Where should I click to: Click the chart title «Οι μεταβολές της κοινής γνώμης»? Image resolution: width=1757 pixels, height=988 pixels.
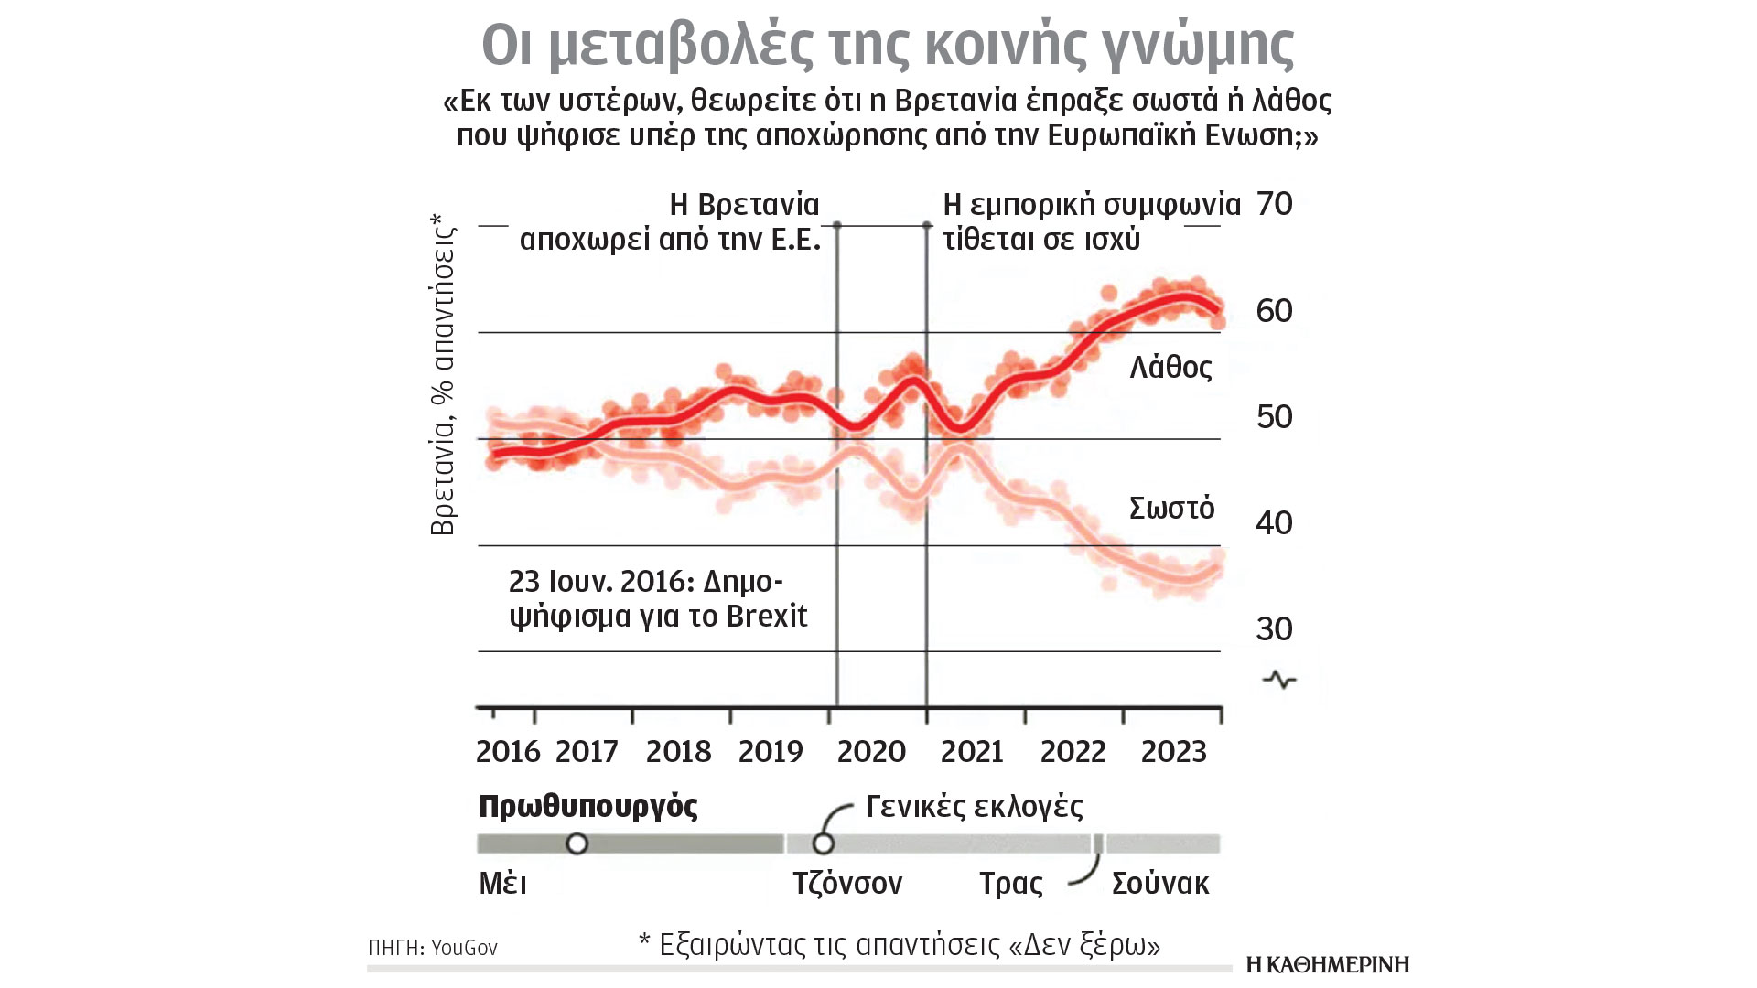pos(887,44)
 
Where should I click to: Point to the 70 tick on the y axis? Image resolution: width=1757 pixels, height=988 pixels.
pos(1275,204)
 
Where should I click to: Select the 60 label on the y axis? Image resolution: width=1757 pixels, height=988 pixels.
pos(1275,311)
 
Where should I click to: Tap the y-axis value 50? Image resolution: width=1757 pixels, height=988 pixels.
pos(1275,417)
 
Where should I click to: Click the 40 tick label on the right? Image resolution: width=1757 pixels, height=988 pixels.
pos(1275,523)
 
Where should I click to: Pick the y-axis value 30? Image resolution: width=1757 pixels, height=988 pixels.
pos(1275,629)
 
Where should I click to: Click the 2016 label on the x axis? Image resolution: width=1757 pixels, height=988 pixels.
pos(508,752)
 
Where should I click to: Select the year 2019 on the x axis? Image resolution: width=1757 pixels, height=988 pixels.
pos(771,752)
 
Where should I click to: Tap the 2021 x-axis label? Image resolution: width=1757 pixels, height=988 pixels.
pos(972,752)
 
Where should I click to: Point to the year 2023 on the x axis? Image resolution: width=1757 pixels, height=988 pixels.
pos(1174,752)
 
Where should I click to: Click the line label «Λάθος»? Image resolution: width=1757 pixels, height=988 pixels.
pos(1170,368)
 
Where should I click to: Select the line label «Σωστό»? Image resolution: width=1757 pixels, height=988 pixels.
pos(1171,508)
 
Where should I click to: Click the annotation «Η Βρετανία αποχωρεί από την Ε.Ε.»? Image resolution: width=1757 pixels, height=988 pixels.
pos(670,221)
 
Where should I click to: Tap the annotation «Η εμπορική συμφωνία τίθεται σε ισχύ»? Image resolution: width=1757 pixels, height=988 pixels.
pos(1091,221)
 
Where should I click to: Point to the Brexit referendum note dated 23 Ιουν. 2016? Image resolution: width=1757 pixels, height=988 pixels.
pos(658,598)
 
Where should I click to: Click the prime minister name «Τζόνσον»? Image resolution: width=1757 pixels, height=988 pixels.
pos(847,884)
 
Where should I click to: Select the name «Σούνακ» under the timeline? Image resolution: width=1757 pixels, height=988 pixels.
pos(1160,884)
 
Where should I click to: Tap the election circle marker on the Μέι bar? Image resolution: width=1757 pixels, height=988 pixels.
pos(577,843)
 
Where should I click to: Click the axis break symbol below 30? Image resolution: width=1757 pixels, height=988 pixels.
pos(1279,680)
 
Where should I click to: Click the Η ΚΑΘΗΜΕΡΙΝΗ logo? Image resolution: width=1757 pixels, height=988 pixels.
pos(1327,964)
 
